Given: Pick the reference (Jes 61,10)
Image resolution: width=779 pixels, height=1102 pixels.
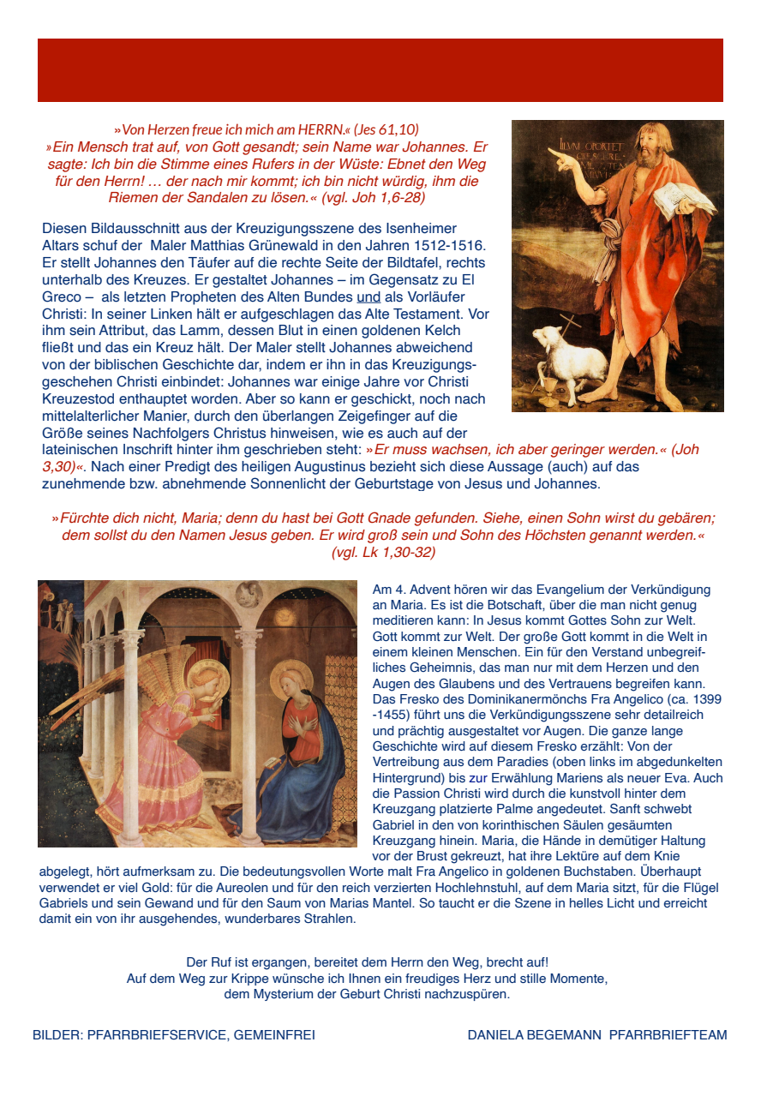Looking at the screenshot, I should click(386, 130).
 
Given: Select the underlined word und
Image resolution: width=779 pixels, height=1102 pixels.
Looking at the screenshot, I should click(368, 296).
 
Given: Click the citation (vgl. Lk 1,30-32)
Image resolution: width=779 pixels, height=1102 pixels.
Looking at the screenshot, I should click(383, 553).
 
